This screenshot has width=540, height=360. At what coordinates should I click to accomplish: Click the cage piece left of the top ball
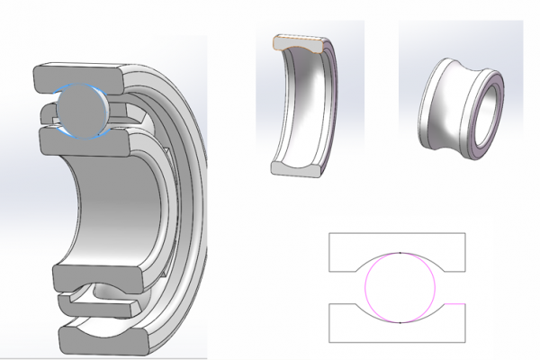(49, 113)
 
